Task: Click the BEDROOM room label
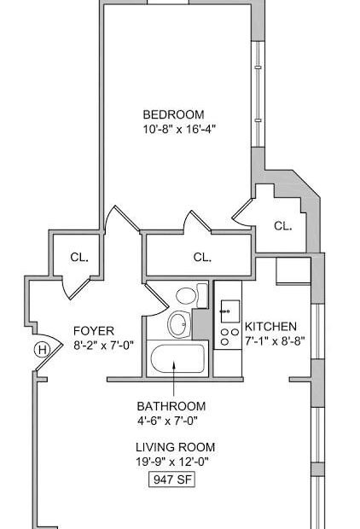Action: (173, 114)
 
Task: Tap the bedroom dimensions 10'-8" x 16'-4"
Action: (179, 129)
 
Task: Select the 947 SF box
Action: (172, 480)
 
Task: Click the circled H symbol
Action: (42, 350)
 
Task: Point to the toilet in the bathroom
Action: (191, 295)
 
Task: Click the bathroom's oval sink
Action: (179, 324)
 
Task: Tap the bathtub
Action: (177, 358)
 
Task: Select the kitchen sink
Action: (230, 311)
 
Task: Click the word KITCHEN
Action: (270, 327)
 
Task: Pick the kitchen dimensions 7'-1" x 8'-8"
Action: (275, 341)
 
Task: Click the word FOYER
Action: (94, 331)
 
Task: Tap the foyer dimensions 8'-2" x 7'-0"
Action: (103, 346)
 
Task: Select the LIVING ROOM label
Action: (176, 447)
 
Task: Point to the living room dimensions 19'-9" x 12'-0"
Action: (172, 462)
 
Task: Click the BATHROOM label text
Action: (171, 406)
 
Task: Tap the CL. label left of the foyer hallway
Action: (79, 258)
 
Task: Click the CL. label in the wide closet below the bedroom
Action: (202, 258)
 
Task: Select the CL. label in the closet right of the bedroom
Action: (282, 226)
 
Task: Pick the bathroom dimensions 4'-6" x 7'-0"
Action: (167, 421)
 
